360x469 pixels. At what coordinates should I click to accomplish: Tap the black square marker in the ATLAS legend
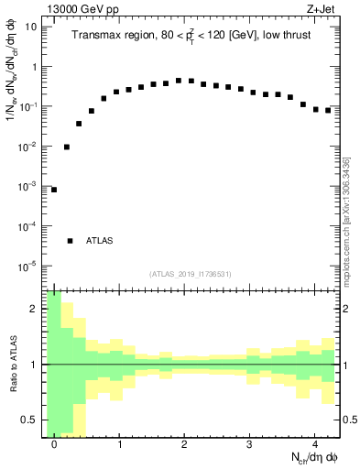tap(70, 241)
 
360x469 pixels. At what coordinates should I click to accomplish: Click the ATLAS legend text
tap(99, 241)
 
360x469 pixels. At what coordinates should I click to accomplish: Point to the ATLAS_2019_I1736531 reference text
tap(191, 274)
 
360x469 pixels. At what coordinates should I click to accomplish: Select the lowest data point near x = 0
tap(54, 190)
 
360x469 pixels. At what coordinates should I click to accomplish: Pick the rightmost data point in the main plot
tap(327, 110)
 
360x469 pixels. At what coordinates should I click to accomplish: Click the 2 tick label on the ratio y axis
tap(35, 309)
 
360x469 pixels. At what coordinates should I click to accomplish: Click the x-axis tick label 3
tap(249, 443)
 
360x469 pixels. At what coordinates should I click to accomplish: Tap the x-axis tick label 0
tap(54, 443)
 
